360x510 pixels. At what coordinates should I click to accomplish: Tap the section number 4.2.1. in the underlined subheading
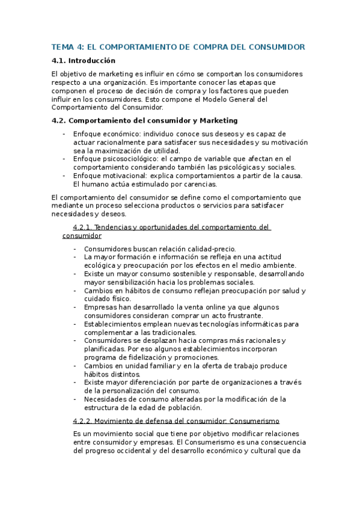pos(82,227)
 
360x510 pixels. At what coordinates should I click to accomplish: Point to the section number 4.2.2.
pos(82,421)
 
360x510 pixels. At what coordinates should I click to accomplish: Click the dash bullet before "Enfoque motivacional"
pos(64,176)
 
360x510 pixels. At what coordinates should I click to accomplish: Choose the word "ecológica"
pos(101,265)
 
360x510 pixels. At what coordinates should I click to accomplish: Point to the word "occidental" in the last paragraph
pos(151,450)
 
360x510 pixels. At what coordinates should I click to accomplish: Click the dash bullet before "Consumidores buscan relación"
pos(75,248)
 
